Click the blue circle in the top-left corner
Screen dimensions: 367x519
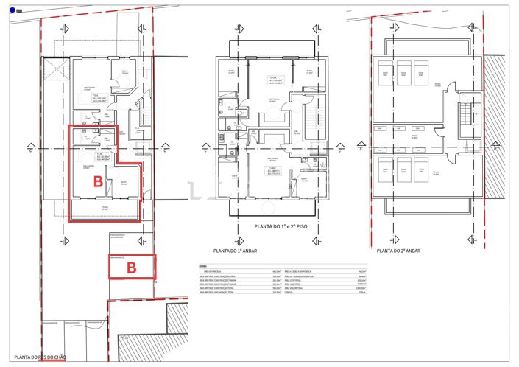[13, 10]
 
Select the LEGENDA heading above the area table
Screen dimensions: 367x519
[203, 266]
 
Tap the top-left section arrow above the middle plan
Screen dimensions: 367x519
[238, 29]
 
